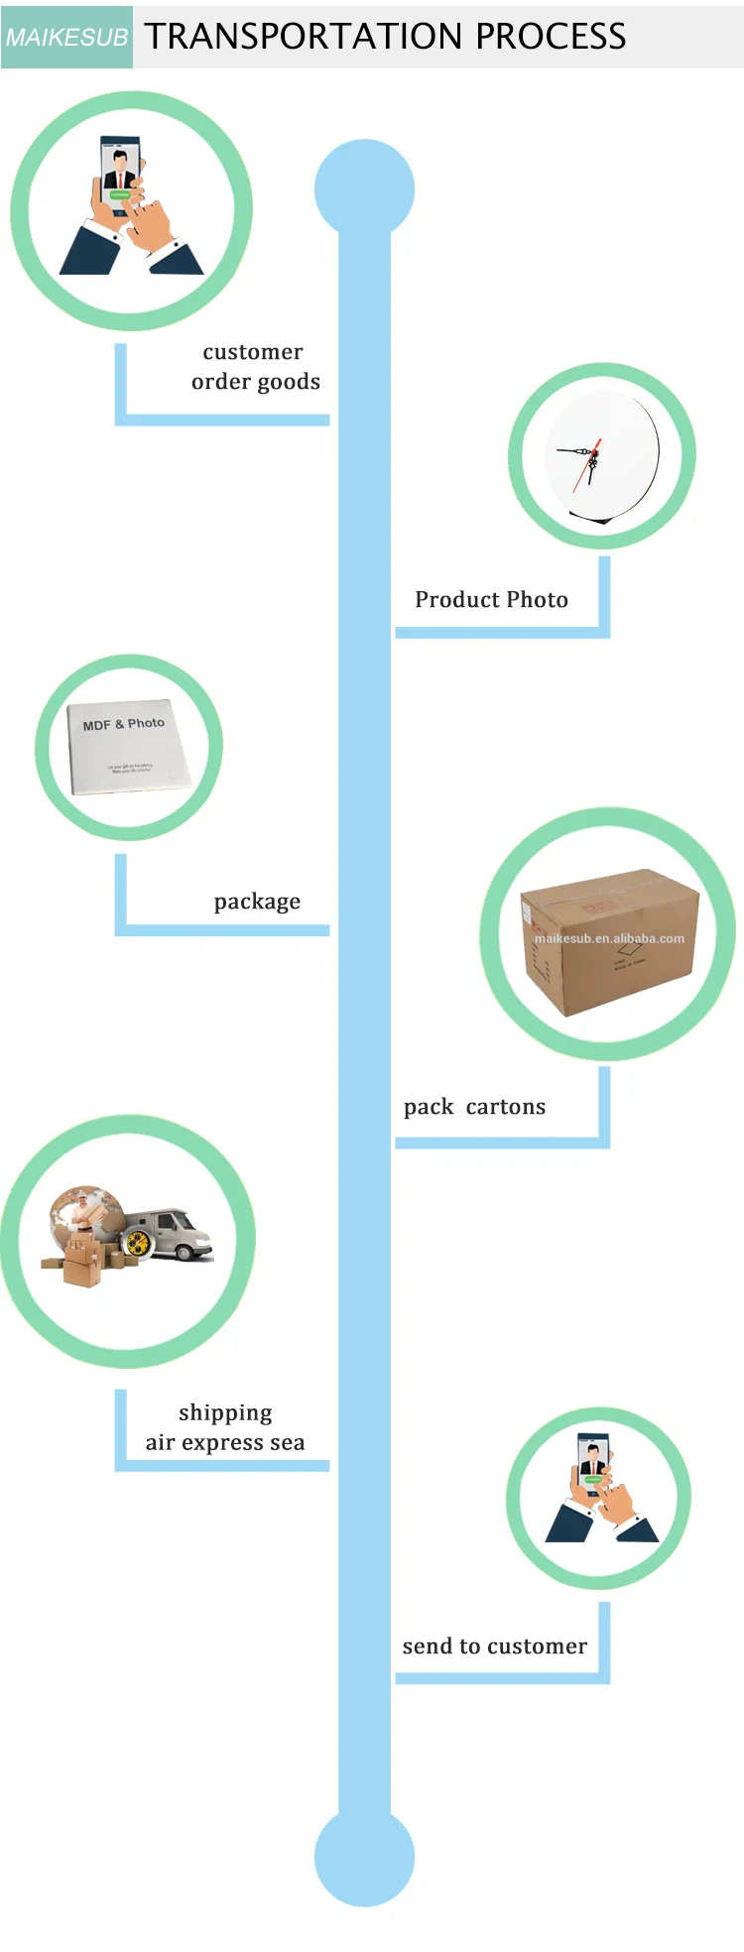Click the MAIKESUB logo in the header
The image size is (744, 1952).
[66, 38]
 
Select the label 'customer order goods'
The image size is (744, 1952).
[254, 367]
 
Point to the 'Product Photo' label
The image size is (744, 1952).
[491, 600]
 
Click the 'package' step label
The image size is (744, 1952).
[257, 902]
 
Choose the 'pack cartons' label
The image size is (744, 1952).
[474, 1107]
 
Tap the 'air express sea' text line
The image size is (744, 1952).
[225, 1443]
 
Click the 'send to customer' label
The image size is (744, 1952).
[494, 1647]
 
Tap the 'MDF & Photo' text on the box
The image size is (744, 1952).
[124, 724]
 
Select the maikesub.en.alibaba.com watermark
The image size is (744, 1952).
[609, 938]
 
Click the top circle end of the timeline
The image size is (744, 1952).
[364, 188]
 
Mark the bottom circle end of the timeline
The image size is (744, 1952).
[364, 1857]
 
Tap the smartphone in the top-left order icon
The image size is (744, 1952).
[120, 174]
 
